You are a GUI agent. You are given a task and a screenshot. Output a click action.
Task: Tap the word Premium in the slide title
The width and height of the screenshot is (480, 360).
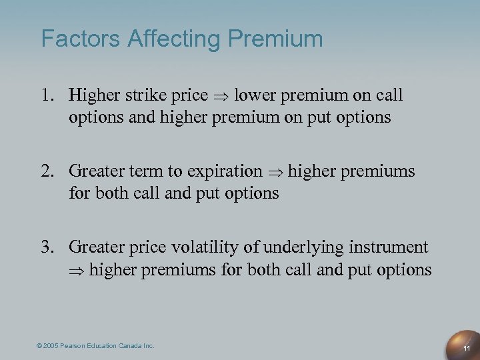[x=275, y=38]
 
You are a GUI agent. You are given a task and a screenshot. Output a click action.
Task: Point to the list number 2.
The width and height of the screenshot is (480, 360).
[x=49, y=172]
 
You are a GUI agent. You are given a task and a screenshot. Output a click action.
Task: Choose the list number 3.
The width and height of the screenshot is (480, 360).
[x=49, y=248]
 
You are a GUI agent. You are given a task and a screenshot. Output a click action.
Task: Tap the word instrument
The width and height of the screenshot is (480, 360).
[x=388, y=248]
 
